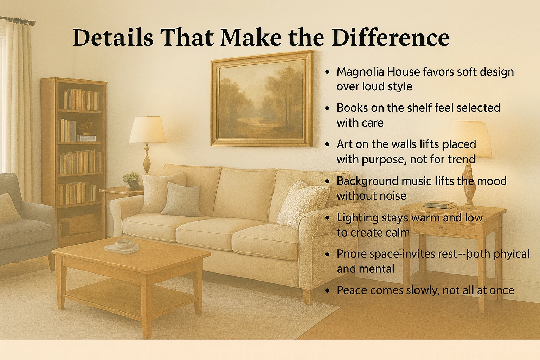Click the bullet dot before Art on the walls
tap(327, 144)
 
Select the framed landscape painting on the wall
tap(262, 99)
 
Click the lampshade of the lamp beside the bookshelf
tap(147, 130)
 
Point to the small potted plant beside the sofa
tap(131, 180)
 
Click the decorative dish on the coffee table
tap(122, 246)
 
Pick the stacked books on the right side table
tap(439, 205)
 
